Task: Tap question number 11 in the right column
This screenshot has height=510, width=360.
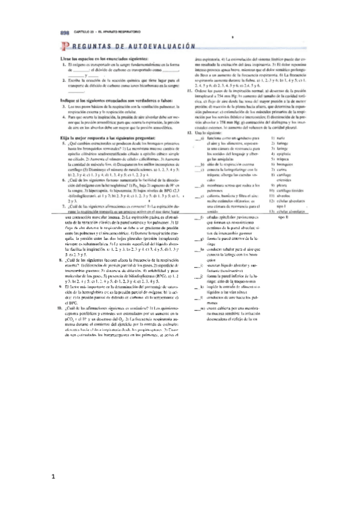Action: [x=189, y=91]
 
